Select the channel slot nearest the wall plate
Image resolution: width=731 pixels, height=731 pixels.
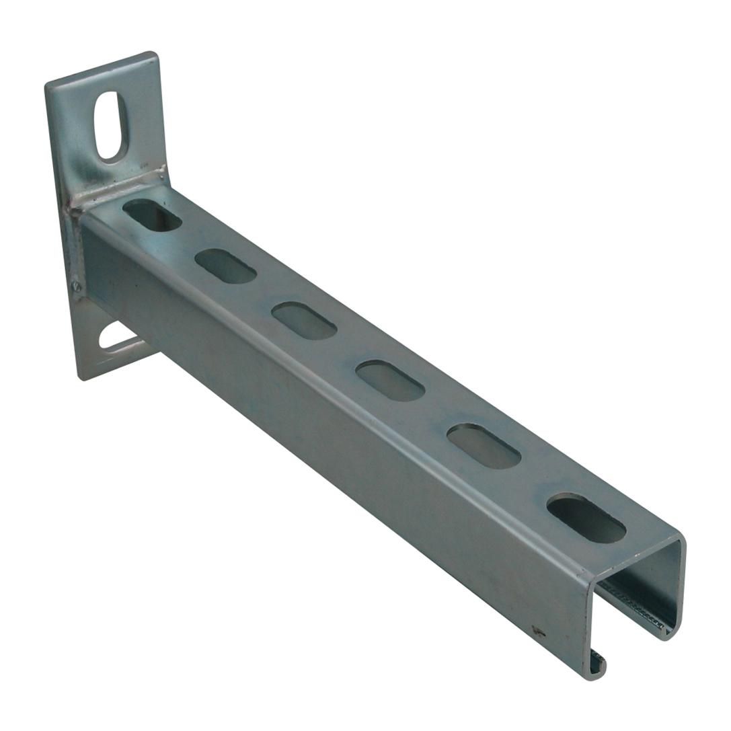pyautogui.click(x=153, y=215)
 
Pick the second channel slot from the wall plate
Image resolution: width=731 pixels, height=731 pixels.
pyautogui.click(x=225, y=266)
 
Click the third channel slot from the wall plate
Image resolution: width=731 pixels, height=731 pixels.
pyautogui.click(x=304, y=320)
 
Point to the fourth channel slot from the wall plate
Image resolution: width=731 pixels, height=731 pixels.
pyautogui.click(x=390, y=381)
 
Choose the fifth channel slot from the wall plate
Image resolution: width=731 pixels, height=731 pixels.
pyautogui.click(x=484, y=445)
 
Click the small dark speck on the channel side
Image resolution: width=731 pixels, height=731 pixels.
pyautogui.click(x=537, y=630)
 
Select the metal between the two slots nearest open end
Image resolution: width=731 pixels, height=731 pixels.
pyautogui.click(x=535, y=482)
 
